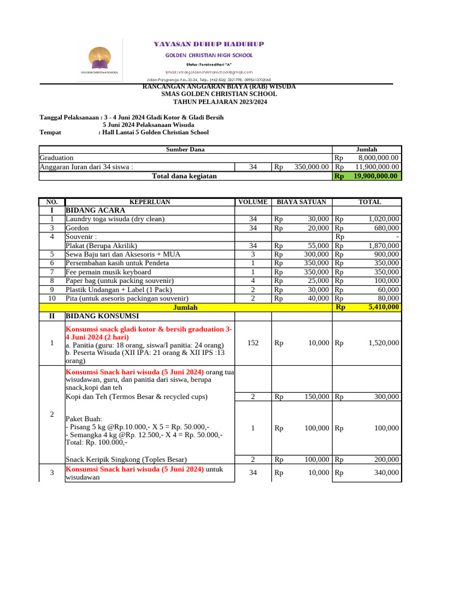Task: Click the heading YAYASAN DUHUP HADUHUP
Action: pos(209,44)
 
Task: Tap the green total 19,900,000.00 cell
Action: pos(367,176)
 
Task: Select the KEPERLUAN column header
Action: pos(149,202)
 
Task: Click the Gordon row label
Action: pos(77,228)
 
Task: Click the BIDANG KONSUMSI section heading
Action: pos(102,315)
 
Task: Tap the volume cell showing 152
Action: pos(253,343)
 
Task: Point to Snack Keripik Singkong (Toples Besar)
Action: pos(125,459)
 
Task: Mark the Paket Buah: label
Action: pos(83,419)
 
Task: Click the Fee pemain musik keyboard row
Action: pos(108,272)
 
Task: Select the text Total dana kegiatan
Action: pos(185,176)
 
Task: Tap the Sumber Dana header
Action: pos(185,149)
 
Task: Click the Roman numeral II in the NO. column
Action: pos(52,315)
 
